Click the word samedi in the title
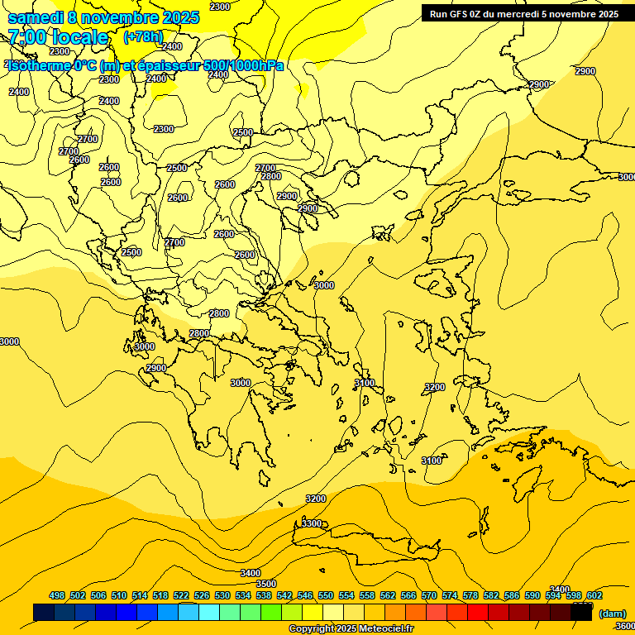[x=36, y=17]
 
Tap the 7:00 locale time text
[x=58, y=37]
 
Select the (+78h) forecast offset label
[x=144, y=37]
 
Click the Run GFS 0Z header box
[x=524, y=13]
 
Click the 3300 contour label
[x=312, y=523]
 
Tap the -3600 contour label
[x=623, y=626]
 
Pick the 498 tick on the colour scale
[x=57, y=595]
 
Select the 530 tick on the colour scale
[x=222, y=595]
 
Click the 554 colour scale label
[x=346, y=595]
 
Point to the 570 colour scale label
[x=429, y=595]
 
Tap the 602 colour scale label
[x=594, y=595]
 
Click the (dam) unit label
[x=612, y=614]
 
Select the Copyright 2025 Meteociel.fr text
[x=351, y=629]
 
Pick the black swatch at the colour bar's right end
[x=581, y=613]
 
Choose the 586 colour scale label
[x=512, y=595]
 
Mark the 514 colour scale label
[x=140, y=595]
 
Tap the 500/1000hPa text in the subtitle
[x=244, y=66]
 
